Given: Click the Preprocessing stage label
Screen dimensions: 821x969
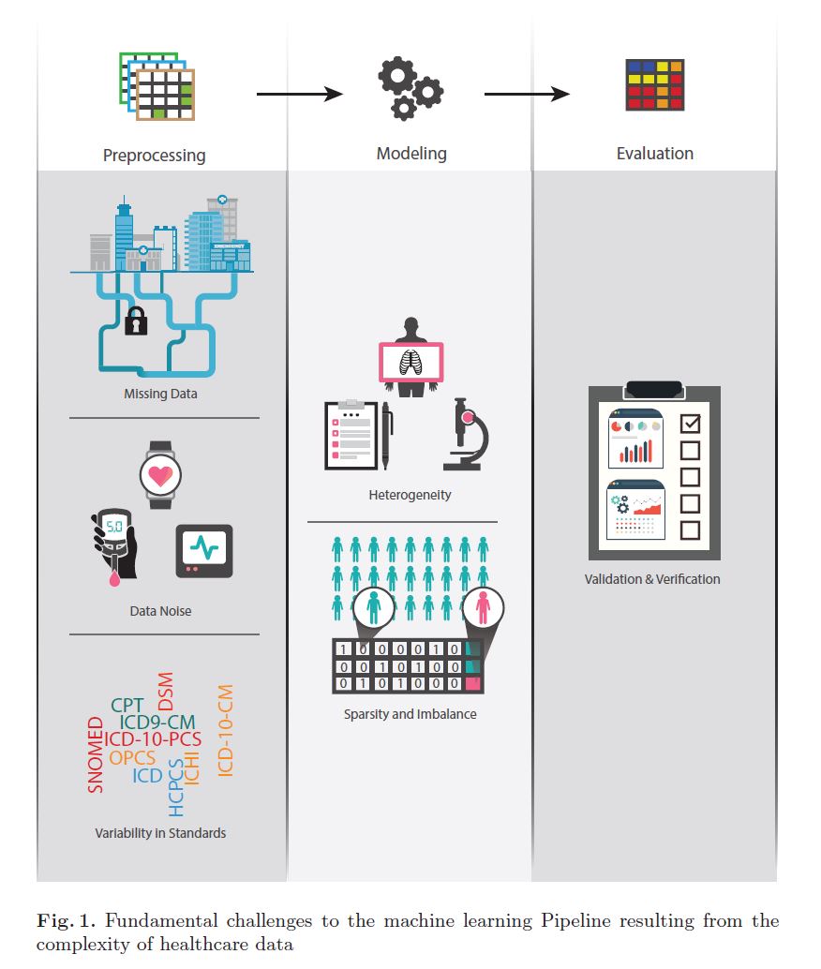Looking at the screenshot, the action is pyautogui.click(x=154, y=156).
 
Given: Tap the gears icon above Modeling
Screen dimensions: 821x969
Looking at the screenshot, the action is pyautogui.click(x=410, y=88).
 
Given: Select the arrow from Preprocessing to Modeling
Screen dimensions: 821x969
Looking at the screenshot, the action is pyautogui.click(x=300, y=94).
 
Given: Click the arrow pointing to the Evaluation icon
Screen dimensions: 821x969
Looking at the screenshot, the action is pyautogui.click(x=527, y=94).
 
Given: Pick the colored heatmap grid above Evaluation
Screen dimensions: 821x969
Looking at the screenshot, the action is pyautogui.click(x=655, y=84).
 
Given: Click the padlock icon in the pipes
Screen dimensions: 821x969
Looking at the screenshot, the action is pyautogui.click(x=136, y=321).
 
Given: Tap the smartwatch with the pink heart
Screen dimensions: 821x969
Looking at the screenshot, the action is pyautogui.click(x=161, y=475).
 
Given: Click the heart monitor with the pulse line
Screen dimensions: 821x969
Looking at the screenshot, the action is pyautogui.click(x=204, y=551).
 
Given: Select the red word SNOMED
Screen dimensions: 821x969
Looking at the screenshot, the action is pyautogui.click(x=96, y=754).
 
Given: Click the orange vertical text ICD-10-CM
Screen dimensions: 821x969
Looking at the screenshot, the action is pyautogui.click(x=226, y=730).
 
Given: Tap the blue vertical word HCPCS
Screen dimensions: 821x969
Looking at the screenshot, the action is pyautogui.click(x=176, y=788).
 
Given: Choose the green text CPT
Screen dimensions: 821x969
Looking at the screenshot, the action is pyautogui.click(x=127, y=705).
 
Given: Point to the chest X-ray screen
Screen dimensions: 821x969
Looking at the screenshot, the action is pyautogui.click(x=411, y=362).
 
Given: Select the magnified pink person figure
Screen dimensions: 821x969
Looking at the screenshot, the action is pyautogui.click(x=483, y=607).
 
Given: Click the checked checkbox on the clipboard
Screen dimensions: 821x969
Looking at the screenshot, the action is pyautogui.click(x=690, y=424).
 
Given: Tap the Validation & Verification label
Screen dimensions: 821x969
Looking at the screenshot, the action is pyautogui.click(x=652, y=579).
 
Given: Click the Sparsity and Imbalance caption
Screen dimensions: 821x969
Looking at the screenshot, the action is pyautogui.click(x=410, y=714).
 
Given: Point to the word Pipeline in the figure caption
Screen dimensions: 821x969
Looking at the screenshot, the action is pyautogui.click(x=575, y=921).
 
